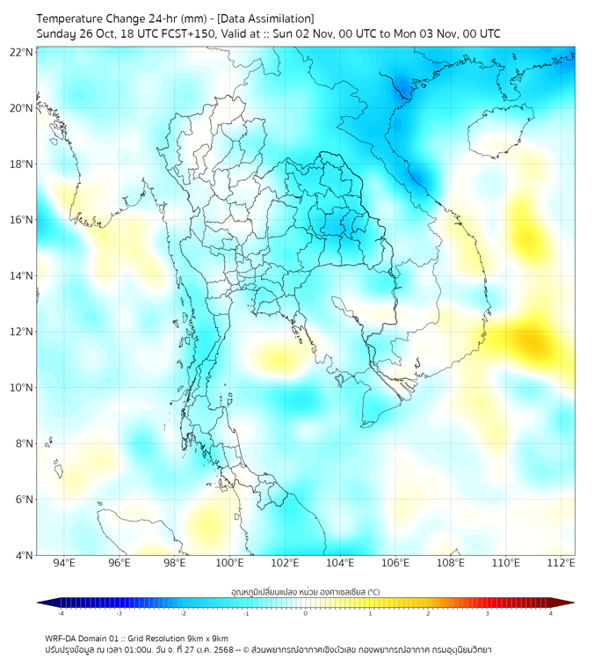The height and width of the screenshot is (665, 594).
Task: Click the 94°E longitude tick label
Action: tap(64, 563)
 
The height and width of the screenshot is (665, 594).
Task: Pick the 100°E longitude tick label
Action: tap(230, 563)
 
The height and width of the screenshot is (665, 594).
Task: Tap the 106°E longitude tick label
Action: tap(395, 563)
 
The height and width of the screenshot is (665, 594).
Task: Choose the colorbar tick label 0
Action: tap(306, 613)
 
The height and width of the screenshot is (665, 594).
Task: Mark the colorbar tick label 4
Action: tap(551, 613)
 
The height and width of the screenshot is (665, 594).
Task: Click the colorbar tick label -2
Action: tap(183, 613)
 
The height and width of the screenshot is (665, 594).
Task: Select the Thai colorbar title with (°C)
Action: tap(305, 591)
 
